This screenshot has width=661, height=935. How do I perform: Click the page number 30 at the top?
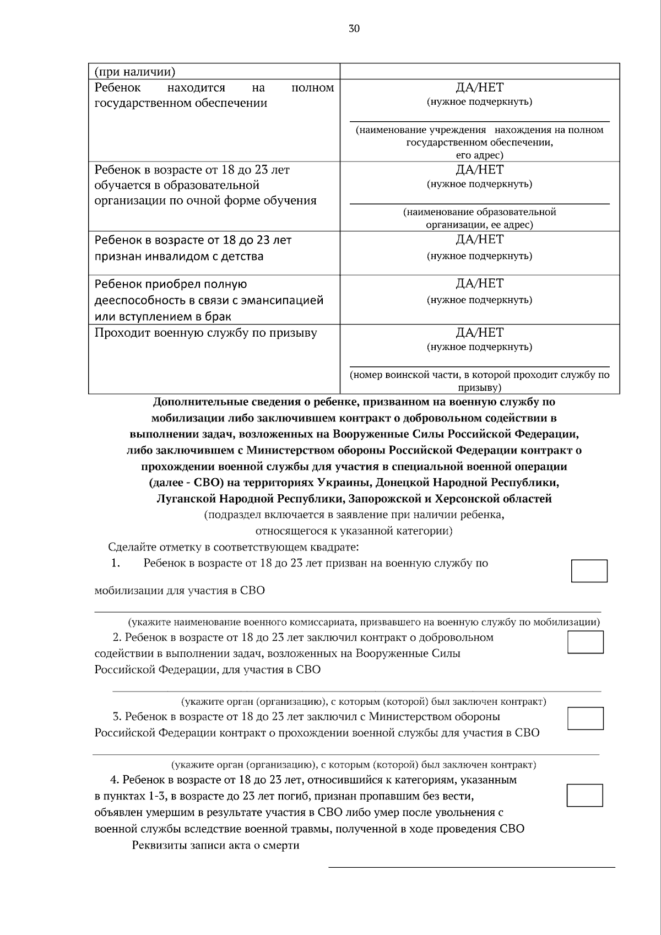click(x=354, y=29)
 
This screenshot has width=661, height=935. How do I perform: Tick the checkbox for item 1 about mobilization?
click(x=589, y=571)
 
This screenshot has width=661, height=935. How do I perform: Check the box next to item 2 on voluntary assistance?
click(x=586, y=642)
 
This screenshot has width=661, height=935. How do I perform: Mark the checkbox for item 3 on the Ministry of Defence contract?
click(x=586, y=718)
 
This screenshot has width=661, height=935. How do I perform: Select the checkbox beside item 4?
click(x=585, y=795)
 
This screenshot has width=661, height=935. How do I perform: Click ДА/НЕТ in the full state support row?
click(x=479, y=88)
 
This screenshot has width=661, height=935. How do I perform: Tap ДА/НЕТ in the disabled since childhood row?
click(x=479, y=240)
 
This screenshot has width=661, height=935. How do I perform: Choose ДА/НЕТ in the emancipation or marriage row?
click(x=479, y=284)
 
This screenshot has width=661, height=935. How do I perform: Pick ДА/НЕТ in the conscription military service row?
click(x=479, y=333)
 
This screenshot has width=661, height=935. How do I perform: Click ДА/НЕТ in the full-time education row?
click(x=479, y=170)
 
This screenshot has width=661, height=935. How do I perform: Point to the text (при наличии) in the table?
click(x=135, y=72)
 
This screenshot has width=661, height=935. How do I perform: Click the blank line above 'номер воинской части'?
click(x=479, y=366)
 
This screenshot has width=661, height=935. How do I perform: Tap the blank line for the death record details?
click(x=472, y=867)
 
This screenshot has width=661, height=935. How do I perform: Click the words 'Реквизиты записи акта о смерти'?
click(x=215, y=845)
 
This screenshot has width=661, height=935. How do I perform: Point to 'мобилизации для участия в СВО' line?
click(x=180, y=591)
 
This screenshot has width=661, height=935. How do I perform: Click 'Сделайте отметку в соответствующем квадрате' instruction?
click(x=233, y=547)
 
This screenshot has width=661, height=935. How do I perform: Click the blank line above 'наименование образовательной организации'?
click(x=479, y=203)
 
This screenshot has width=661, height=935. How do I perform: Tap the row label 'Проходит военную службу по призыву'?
click(x=205, y=333)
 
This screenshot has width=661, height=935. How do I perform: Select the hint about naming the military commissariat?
click(x=364, y=622)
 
